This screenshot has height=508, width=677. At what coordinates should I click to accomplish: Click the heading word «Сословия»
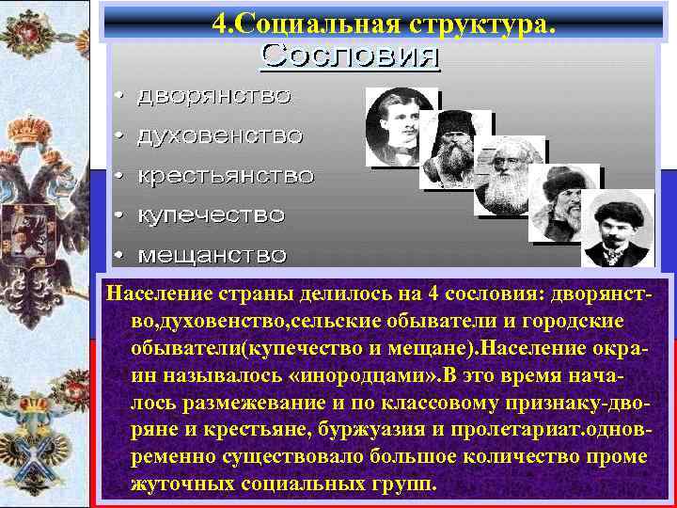pos(350,56)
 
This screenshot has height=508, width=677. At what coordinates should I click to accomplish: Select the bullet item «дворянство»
pos(214,96)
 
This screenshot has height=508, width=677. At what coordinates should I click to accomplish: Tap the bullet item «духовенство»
pos(220,136)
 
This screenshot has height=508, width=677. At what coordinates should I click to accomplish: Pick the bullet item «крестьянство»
pos(226,176)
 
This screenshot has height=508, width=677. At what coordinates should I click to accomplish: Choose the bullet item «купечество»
pos(211,215)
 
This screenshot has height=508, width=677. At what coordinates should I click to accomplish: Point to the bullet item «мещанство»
pos(213,255)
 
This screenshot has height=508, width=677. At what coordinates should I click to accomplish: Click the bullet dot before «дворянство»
pos(119,97)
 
